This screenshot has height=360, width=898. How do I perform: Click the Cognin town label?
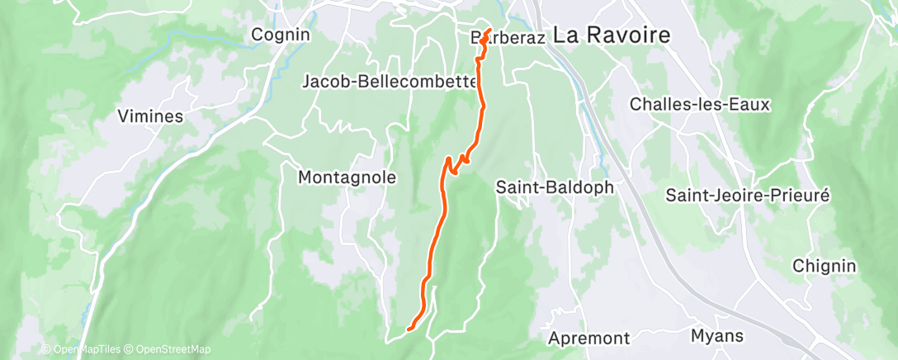(x=281, y=35)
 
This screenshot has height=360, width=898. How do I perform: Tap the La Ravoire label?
(x=612, y=35)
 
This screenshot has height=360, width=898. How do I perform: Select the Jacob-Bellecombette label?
(x=390, y=82)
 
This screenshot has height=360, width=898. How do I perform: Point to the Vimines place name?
(x=150, y=116)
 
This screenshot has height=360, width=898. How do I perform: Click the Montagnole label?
(x=347, y=177)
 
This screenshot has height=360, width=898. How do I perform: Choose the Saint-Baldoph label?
(x=555, y=187)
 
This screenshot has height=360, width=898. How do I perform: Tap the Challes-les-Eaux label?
(x=699, y=105)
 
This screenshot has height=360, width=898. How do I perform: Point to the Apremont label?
(x=588, y=339)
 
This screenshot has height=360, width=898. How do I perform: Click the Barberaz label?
(x=505, y=38)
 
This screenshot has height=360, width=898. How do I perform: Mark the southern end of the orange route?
(x=409, y=330)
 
